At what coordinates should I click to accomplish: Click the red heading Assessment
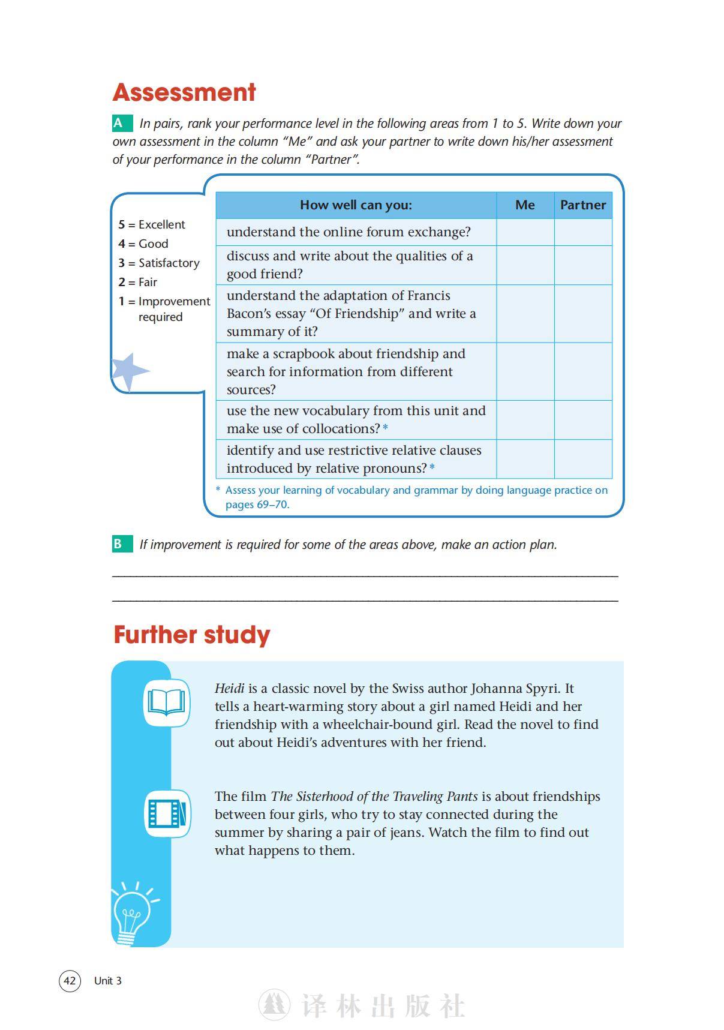(x=184, y=92)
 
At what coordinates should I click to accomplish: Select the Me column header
(x=525, y=205)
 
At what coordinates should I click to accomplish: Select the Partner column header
(x=582, y=205)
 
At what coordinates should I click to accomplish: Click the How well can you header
(x=356, y=205)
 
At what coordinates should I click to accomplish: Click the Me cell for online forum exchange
(x=525, y=232)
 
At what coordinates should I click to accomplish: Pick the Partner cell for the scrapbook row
(x=582, y=371)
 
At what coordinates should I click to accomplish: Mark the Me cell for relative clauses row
(x=525, y=459)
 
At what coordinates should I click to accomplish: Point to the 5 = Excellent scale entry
(x=152, y=224)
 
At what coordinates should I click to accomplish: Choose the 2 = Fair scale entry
(x=138, y=282)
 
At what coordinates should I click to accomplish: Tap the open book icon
(x=167, y=702)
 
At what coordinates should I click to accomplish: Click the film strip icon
(x=167, y=813)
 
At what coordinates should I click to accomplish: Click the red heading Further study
(x=192, y=635)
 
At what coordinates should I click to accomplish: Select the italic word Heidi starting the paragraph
(x=229, y=689)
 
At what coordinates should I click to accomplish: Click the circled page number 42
(x=70, y=981)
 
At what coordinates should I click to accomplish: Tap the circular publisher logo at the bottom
(x=274, y=1005)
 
